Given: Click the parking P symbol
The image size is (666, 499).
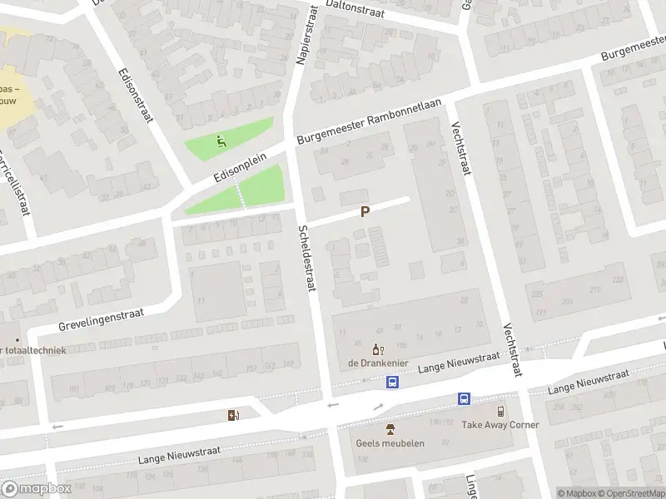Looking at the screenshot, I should [365, 212].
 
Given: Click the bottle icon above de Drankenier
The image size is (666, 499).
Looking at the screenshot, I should [376, 349].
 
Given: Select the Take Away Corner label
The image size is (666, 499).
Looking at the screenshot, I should [500, 425].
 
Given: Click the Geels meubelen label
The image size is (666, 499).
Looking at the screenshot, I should [390, 443].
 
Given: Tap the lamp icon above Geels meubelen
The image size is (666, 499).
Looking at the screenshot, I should [390, 429].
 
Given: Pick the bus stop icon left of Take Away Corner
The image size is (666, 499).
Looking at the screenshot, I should [463, 399].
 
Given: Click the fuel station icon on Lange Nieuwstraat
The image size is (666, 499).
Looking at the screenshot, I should [232, 415].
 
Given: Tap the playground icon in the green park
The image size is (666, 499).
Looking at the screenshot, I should [221, 141].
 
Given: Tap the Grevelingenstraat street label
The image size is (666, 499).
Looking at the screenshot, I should [102, 319].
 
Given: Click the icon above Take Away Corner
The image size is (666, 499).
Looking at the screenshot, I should [500, 411].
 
